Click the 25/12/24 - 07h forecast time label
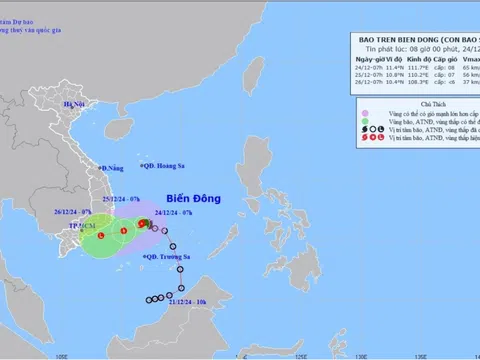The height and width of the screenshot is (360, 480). pyautogui.click(x=122, y=200)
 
